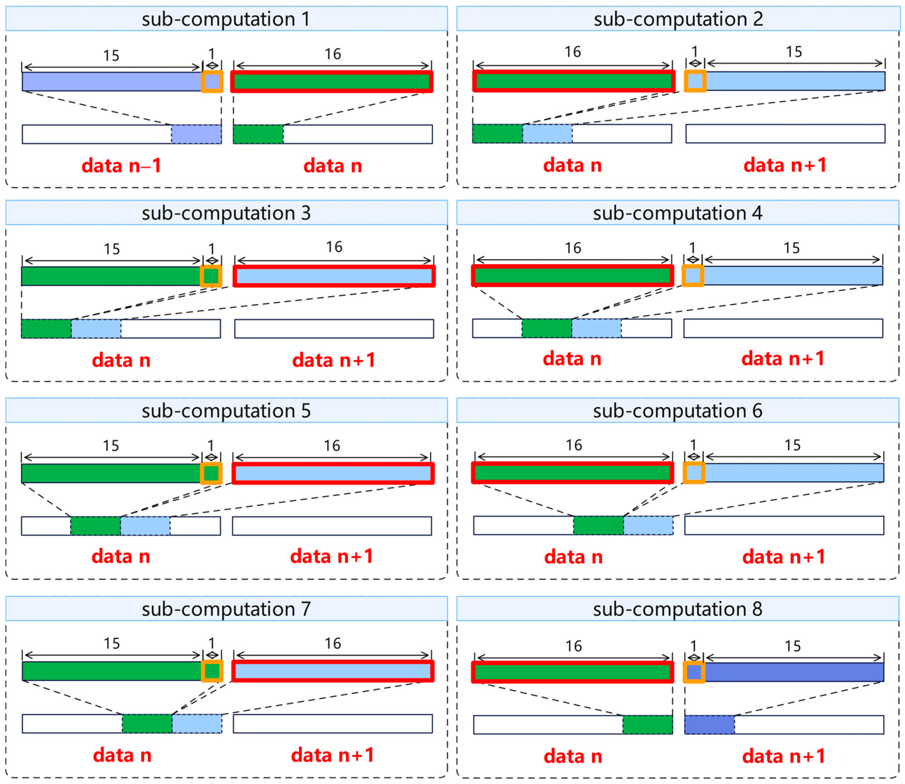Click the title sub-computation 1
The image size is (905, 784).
click(226, 19)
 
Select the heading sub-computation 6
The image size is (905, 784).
click(677, 411)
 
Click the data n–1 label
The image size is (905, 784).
click(122, 166)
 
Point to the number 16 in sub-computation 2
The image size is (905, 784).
click(573, 52)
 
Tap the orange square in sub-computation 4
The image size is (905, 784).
click(693, 275)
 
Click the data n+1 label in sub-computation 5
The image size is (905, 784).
click(332, 556)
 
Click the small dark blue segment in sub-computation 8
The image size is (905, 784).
click(709, 725)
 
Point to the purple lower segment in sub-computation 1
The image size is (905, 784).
click(196, 134)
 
